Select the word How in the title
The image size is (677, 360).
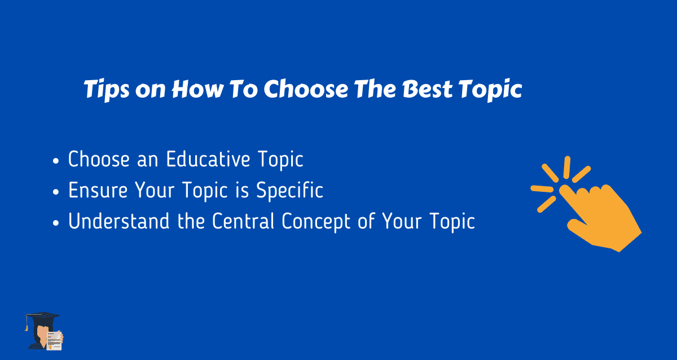tap(197, 89)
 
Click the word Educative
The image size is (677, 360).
tap(208, 159)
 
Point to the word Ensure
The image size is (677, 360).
tap(98, 190)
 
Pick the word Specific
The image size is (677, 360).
tap(289, 190)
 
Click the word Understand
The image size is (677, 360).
tap(119, 221)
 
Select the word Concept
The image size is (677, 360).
tap(316, 222)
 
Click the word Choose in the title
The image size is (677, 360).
tap(306, 89)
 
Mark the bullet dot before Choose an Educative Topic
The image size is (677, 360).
tap(56, 161)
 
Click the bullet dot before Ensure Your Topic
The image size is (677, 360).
tap(56, 192)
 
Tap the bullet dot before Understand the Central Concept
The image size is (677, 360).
tap(56, 223)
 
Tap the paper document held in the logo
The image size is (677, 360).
tap(54, 341)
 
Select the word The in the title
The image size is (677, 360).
tap(375, 89)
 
